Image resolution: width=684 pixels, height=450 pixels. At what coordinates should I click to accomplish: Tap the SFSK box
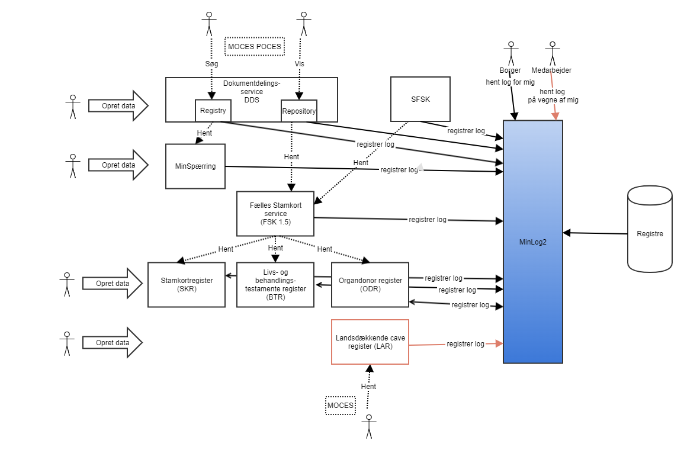420,99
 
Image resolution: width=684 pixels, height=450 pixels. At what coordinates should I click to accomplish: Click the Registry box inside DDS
213,110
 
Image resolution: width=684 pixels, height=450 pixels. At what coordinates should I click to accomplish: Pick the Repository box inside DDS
298,111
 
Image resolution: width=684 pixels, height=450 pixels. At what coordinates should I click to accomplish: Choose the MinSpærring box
195,166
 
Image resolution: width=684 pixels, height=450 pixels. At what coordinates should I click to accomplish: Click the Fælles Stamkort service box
275,213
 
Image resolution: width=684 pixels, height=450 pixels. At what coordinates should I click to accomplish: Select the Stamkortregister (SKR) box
187,284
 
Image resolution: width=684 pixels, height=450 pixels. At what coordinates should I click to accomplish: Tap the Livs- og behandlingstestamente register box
275,284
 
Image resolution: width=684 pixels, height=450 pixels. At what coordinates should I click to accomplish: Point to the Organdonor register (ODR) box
370,284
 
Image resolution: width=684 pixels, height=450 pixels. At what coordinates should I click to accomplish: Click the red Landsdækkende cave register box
370,342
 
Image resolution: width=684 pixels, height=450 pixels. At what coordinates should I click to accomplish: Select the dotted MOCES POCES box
254,46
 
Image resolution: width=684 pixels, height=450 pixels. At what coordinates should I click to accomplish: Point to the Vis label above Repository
299,63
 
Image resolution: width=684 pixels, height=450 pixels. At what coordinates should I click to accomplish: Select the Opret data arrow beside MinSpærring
118,165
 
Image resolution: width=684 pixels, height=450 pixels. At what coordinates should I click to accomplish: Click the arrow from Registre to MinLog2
595,233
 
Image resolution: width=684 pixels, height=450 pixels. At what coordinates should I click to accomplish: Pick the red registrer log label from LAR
465,344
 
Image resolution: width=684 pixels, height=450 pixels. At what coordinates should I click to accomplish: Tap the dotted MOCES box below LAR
341,406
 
